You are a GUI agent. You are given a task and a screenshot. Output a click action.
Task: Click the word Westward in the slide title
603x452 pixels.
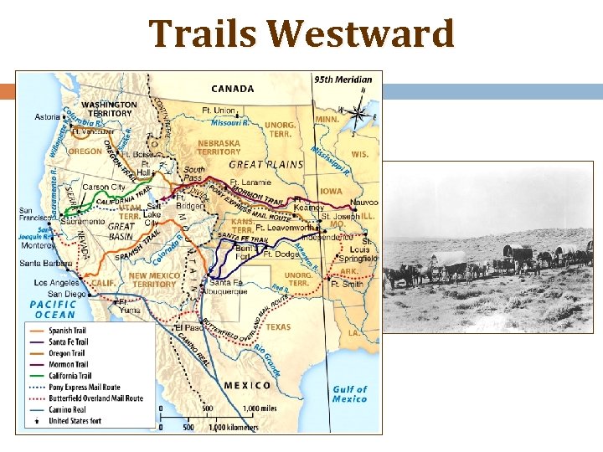tap(363, 35)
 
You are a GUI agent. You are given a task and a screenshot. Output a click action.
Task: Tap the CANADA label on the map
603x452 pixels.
tap(233, 89)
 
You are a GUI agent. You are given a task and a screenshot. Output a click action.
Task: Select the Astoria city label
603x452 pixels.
tap(49, 117)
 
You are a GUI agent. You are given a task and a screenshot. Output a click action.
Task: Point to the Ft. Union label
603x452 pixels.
tap(219, 110)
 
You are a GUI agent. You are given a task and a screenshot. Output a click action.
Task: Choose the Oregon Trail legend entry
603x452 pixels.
tap(69, 353)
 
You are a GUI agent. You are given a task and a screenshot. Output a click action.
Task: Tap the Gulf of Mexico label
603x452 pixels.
tap(349, 393)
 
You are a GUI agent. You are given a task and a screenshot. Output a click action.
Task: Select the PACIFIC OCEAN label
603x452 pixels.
tap(53, 309)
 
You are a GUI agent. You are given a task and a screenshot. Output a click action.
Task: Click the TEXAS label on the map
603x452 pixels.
tap(278, 327)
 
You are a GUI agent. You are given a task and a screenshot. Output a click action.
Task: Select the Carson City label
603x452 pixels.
tap(104, 187)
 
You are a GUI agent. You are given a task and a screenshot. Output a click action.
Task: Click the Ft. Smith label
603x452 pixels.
tap(346, 284)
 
